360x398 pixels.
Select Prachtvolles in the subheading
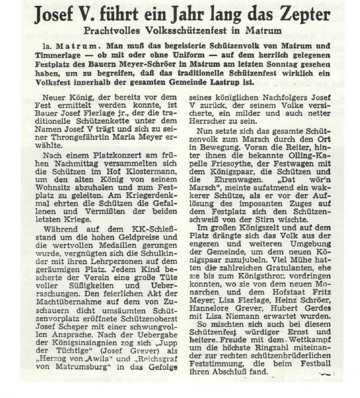[x=111, y=31]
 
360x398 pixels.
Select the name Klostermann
[x=151, y=171]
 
